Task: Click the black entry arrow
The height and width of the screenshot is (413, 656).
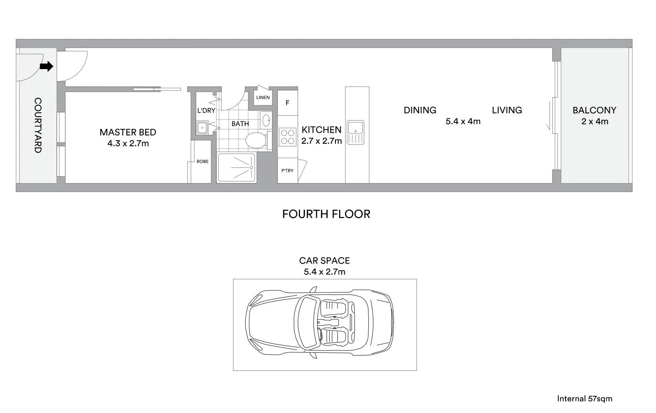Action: (47, 66)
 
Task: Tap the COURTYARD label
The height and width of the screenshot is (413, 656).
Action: (37, 125)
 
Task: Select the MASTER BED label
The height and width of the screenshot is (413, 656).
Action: (127, 132)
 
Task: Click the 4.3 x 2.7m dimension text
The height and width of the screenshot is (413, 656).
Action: (128, 143)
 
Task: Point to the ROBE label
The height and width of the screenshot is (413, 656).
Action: (202, 162)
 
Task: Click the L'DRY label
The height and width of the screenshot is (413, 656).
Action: (206, 110)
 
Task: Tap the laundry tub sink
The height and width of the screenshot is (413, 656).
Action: (202, 127)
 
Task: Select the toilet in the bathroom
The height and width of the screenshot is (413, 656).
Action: (256, 141)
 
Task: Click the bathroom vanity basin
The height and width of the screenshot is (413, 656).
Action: (265, 120)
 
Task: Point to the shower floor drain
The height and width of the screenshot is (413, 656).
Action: (251, 167)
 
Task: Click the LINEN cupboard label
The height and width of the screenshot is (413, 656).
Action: (263, 98)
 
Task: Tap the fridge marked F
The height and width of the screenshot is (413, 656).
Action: (287, 103)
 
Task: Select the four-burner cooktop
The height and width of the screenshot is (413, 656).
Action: (287, 136)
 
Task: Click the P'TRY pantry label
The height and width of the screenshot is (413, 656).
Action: (287, 171)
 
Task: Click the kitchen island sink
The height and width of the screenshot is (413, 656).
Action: (355, 128)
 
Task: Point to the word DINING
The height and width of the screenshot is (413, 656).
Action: (420, 110)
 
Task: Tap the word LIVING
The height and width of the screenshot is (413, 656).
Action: (507, 110)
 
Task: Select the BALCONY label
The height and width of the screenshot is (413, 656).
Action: (594, 110)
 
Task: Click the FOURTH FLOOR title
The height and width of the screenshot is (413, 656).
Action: (326, 214)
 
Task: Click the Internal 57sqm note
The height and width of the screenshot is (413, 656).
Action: (584, 399)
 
